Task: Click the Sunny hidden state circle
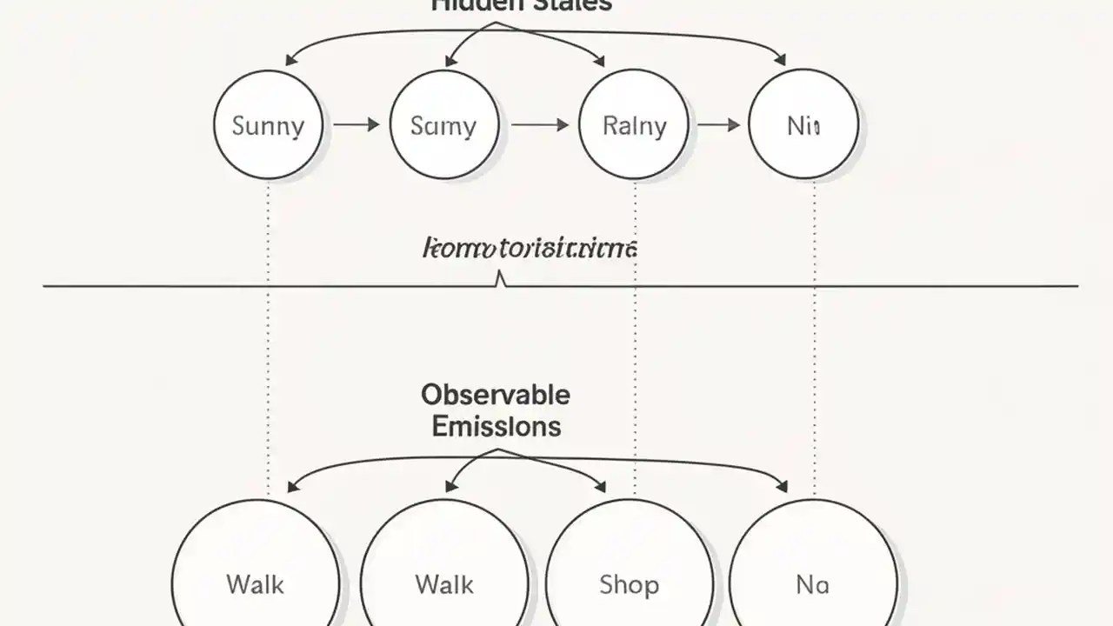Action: (268, 125)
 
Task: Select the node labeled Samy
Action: (444, 125)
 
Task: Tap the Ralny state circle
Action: (634, 125)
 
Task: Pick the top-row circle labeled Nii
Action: (803, 125)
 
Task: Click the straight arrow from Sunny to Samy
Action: (357, 125)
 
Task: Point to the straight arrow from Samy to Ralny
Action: (539, 125)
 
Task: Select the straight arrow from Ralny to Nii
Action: (718, 125)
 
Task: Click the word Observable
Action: (496, 395)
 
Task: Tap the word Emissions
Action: (496, 426)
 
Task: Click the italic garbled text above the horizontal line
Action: (530, 249)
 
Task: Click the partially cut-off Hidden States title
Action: (522, 5)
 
